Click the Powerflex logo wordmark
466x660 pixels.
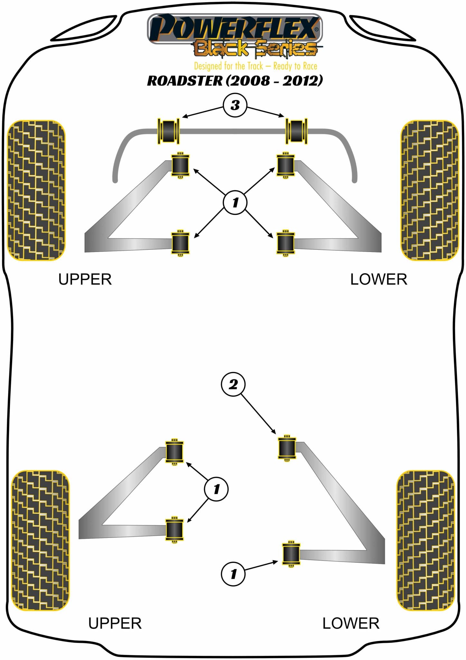point(234,28)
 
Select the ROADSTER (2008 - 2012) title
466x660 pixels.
point(235,81)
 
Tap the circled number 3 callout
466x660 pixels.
point(235,105)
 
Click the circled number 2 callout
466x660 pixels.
point(233,384)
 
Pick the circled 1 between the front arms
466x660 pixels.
point(235,202)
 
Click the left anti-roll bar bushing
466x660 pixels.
point(168,131)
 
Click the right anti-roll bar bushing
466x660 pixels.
point(296,131)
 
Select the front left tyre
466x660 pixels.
point(36,190)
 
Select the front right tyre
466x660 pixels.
point(430,190)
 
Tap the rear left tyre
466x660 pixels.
point(40,540)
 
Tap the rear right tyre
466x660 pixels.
point(425,540)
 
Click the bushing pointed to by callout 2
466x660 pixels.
point(287,448)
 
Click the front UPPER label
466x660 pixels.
point(85,279)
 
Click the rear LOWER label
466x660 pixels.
point(351,624)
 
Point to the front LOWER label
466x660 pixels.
point(378,279)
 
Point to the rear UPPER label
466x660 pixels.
point(115,624)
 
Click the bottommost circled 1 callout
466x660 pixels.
point(233,574)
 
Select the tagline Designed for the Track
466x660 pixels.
point(256,66)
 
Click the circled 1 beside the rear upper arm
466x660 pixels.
point(216,489)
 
